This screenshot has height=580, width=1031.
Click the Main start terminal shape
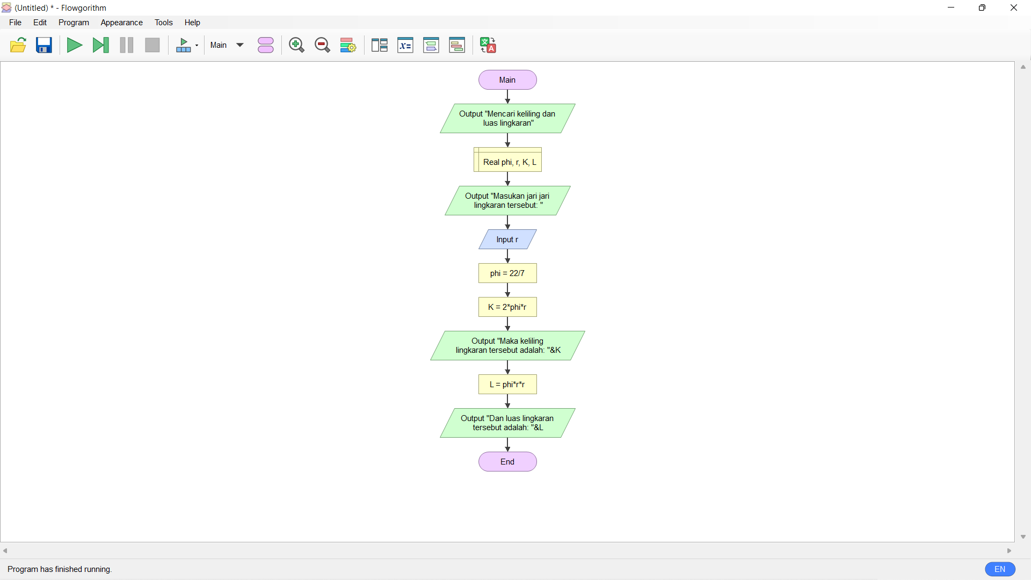pos(507,80)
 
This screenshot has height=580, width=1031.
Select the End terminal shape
pos(507,462)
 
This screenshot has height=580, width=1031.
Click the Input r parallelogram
pos(507,240)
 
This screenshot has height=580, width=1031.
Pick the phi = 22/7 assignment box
pos(507,273)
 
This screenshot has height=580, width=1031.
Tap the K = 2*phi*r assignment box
pos(507,307)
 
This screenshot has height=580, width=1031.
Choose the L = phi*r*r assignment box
pos(507,385)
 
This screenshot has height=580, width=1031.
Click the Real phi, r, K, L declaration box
pos(507,160)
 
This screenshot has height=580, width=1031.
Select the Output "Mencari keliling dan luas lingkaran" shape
pos(507,119)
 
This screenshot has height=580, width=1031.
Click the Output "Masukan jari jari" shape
pos(507,201)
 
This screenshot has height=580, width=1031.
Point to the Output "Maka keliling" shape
pos(507,346)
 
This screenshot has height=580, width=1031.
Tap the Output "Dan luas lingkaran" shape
pos(507,423)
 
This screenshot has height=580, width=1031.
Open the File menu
pos(16,23)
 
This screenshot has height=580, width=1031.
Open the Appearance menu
pos(122,23)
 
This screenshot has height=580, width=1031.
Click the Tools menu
pos(164,23)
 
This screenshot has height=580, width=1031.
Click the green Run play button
pos(75,45)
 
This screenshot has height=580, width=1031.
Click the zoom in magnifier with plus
pos(296,45)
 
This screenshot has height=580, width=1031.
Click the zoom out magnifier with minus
pos(322,45)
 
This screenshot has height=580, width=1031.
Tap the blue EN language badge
pos(1000,569)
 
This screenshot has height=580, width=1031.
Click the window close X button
pos(1014,8)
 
